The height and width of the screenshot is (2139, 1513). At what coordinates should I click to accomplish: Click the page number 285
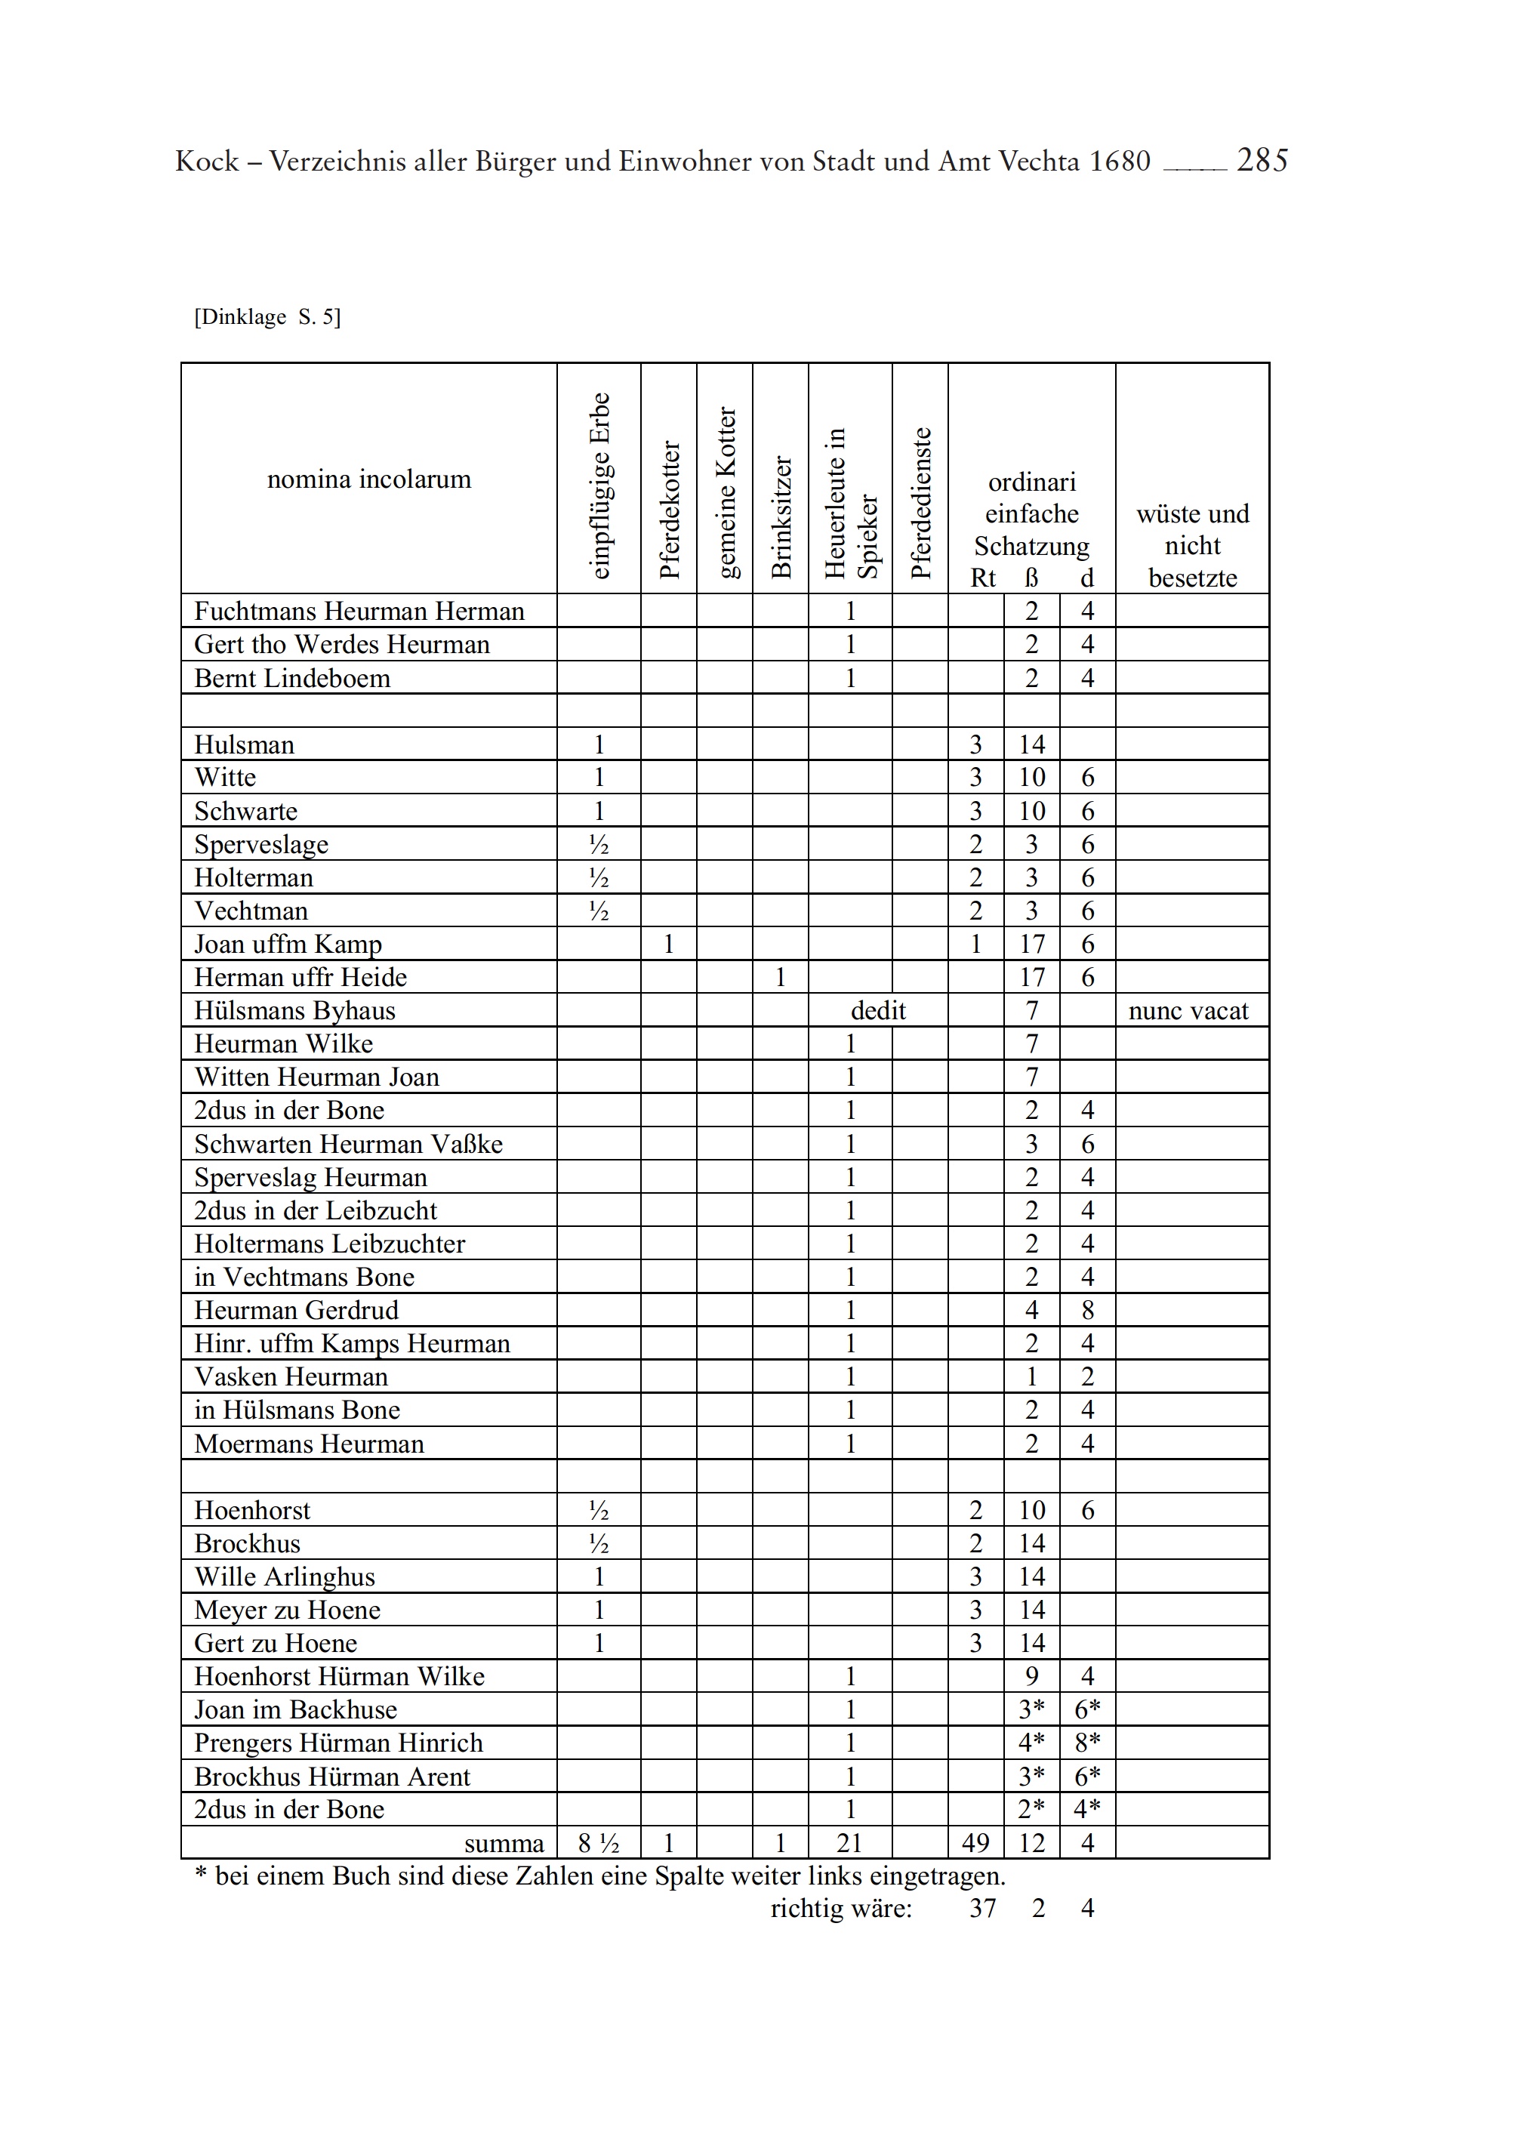1262,161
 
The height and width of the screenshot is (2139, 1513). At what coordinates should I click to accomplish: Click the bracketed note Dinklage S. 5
267,318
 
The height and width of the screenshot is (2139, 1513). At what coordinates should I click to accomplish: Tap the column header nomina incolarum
369,479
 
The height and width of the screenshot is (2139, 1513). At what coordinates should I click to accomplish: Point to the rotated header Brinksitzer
781,517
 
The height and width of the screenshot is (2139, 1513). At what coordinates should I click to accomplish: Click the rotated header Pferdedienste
920,503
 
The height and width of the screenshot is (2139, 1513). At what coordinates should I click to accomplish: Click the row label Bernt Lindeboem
292,678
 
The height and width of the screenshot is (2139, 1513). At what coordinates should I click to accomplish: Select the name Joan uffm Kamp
288,945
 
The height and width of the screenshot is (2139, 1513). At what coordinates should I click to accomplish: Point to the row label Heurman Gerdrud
296,1311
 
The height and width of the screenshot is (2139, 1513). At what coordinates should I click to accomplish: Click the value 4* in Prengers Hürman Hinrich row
1031,1743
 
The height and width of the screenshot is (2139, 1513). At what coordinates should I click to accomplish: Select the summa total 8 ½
598,1844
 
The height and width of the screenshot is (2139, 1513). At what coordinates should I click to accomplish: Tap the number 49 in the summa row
975,1844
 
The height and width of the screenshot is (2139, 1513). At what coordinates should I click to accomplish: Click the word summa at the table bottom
504,1845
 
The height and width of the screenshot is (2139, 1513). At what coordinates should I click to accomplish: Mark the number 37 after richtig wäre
983,1909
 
